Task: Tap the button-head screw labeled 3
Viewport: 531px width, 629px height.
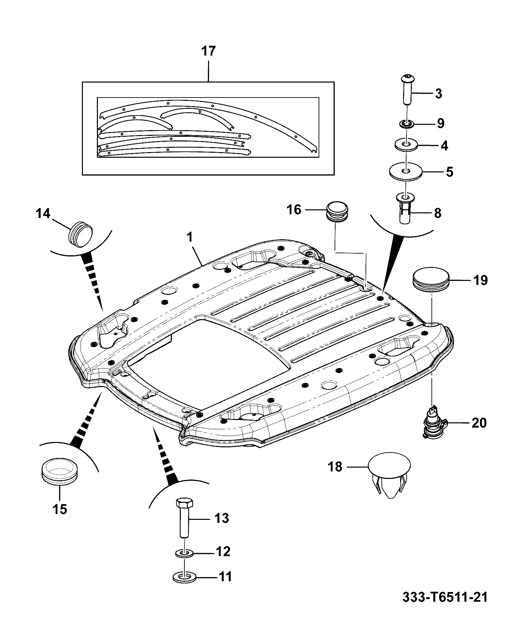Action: (x=407, y=89)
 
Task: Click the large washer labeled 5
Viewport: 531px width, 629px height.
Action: (x=406, y=172)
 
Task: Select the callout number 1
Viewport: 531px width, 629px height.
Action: (x=189, y=238)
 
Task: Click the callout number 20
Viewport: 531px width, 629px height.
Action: (x=478, y=423)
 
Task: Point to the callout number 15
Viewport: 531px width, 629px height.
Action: (x=60, y=509)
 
